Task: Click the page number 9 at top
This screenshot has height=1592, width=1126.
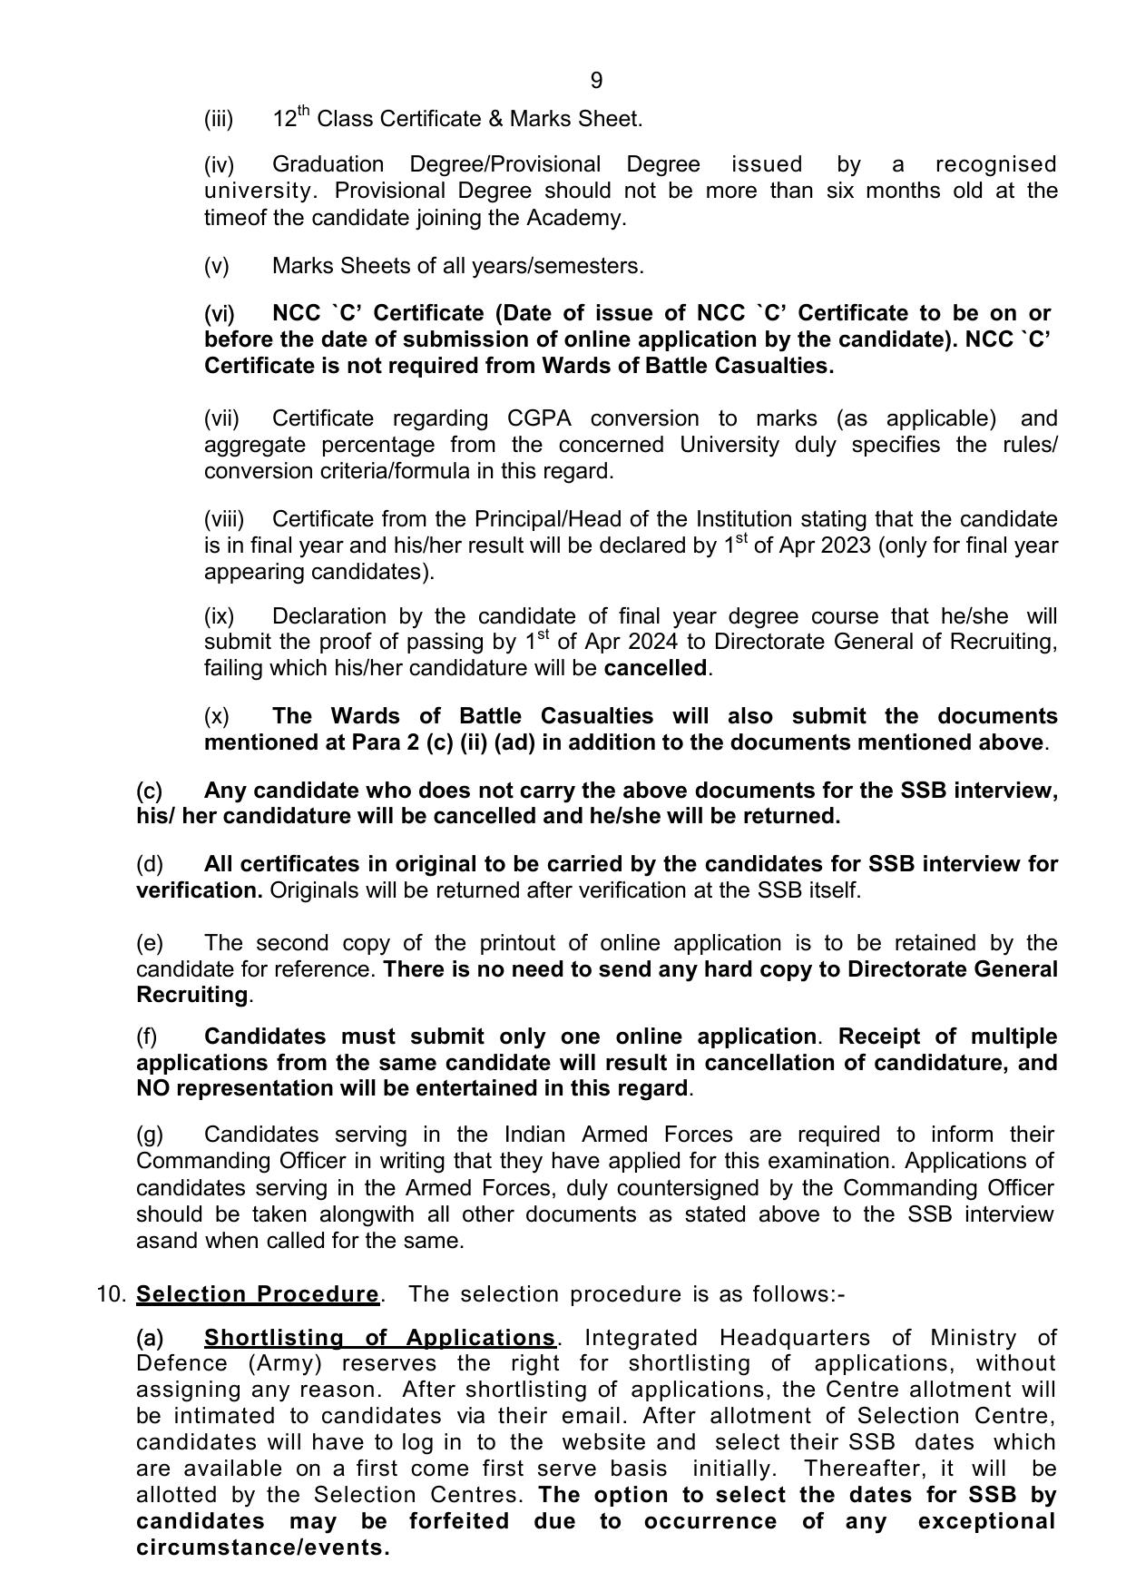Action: [596, 81]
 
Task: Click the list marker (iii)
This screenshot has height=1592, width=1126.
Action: [219, 119]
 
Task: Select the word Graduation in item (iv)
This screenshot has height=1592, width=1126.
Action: [328, 164]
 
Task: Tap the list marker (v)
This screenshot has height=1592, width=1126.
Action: [217, 266]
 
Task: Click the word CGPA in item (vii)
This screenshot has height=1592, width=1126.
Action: [539, 418]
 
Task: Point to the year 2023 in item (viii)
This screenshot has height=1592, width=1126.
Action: [847, 545]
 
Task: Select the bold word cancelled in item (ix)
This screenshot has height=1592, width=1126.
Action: [655, 668]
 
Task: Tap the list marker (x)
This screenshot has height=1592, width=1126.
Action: [217, 716]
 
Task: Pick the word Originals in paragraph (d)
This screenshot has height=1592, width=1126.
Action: [313, 890]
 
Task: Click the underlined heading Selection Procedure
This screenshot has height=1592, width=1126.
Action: [257, 1294]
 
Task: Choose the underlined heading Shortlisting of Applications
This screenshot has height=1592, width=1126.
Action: [379, 1338]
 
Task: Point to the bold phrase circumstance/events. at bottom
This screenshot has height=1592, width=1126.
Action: [262, 1548]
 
